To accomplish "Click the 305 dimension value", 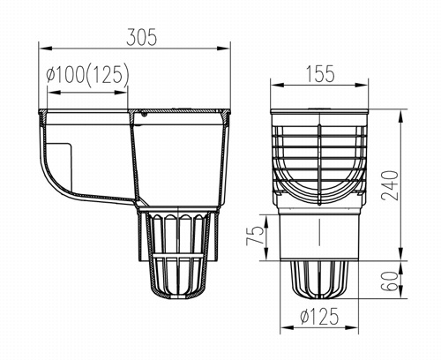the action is [x=142, y=37].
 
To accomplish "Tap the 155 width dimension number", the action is [x=320, y=73].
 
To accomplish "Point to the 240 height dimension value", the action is [x=390, y=185].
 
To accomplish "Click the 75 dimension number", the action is [x=255, y=235].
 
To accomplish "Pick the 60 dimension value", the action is [x=391, y=281].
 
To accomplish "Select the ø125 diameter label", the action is [x=319, y=316].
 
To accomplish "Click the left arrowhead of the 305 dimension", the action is [x=45, y=49].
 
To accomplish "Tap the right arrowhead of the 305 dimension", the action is [x=223, y=49].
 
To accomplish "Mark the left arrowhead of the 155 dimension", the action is [x=277, y=85].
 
